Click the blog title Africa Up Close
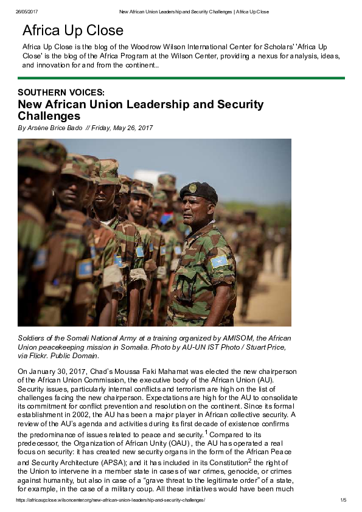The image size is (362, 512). (x=72, y=31)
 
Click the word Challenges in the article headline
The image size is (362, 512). (x=49, y=116)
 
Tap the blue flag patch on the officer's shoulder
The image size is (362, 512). (x=218, y=261)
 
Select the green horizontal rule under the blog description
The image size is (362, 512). (x=181, y=78)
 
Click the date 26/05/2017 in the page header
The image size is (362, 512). (x=27, y=12)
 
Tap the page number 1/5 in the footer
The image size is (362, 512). (x=343, y=500)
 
